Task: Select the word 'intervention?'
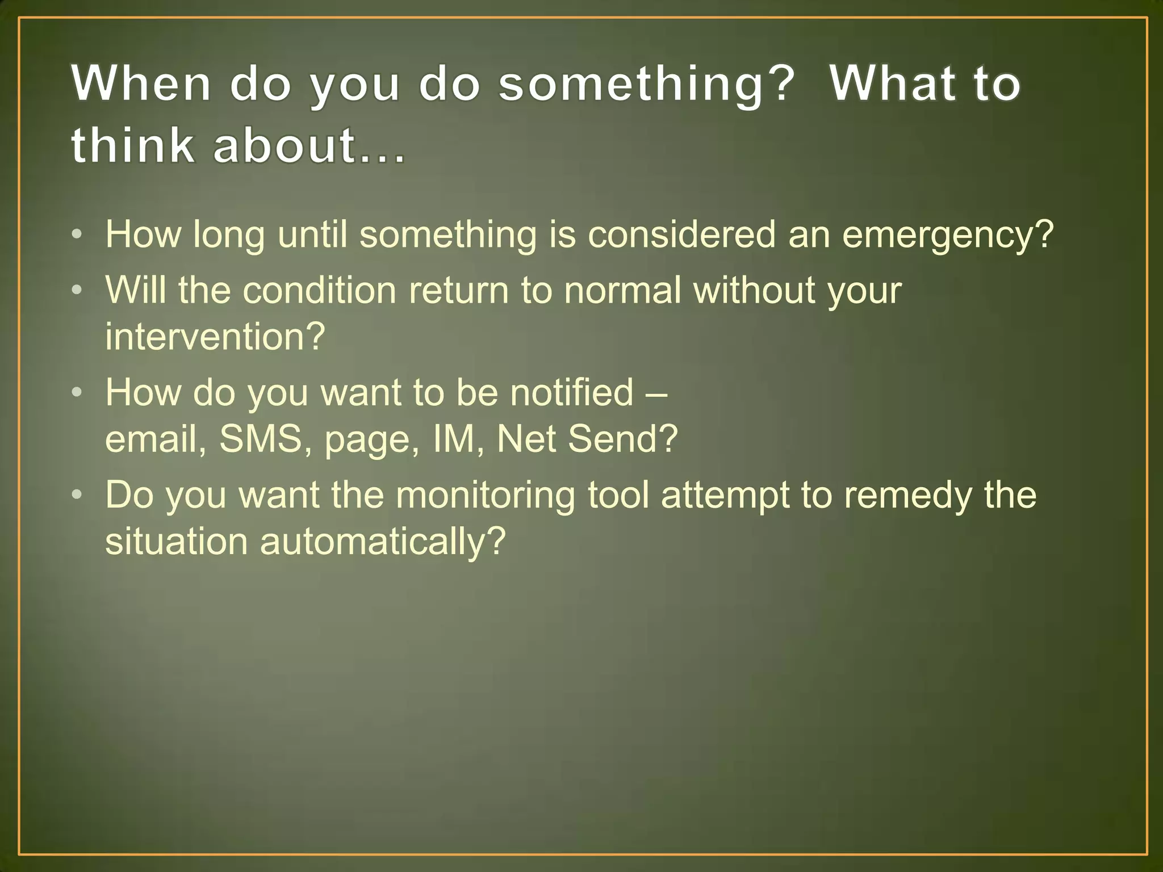tap(215, 336)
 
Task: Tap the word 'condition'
tap(319, 290)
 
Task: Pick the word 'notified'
tap(571, 392)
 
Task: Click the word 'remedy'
tap(907, 495)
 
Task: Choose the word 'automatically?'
tap(382, 541)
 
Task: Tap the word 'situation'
tap(177, 541)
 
